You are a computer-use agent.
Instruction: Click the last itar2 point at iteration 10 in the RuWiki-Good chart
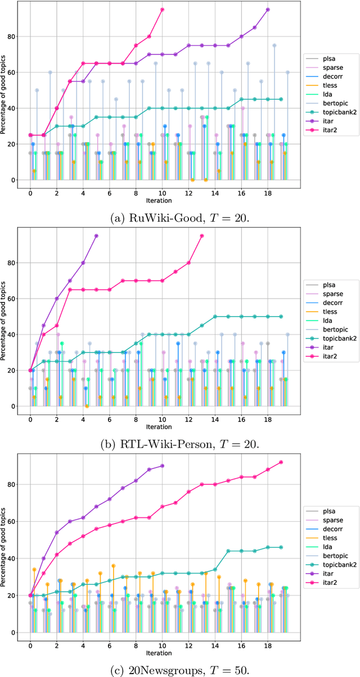click(x=162, y=10)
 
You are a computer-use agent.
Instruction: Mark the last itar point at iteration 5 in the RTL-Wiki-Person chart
click(x=96, y=236)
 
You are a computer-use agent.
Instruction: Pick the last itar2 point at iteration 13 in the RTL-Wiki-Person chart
click(x=202, y=236)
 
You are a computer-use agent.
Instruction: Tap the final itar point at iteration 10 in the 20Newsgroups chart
click(x=162, y=466)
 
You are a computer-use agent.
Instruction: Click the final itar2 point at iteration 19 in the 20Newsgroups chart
click(x=281, y=462)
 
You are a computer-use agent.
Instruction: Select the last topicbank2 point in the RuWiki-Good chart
click(x=281, y=99)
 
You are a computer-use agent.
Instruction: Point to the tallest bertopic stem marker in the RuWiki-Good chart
click(x=274, y=46)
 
